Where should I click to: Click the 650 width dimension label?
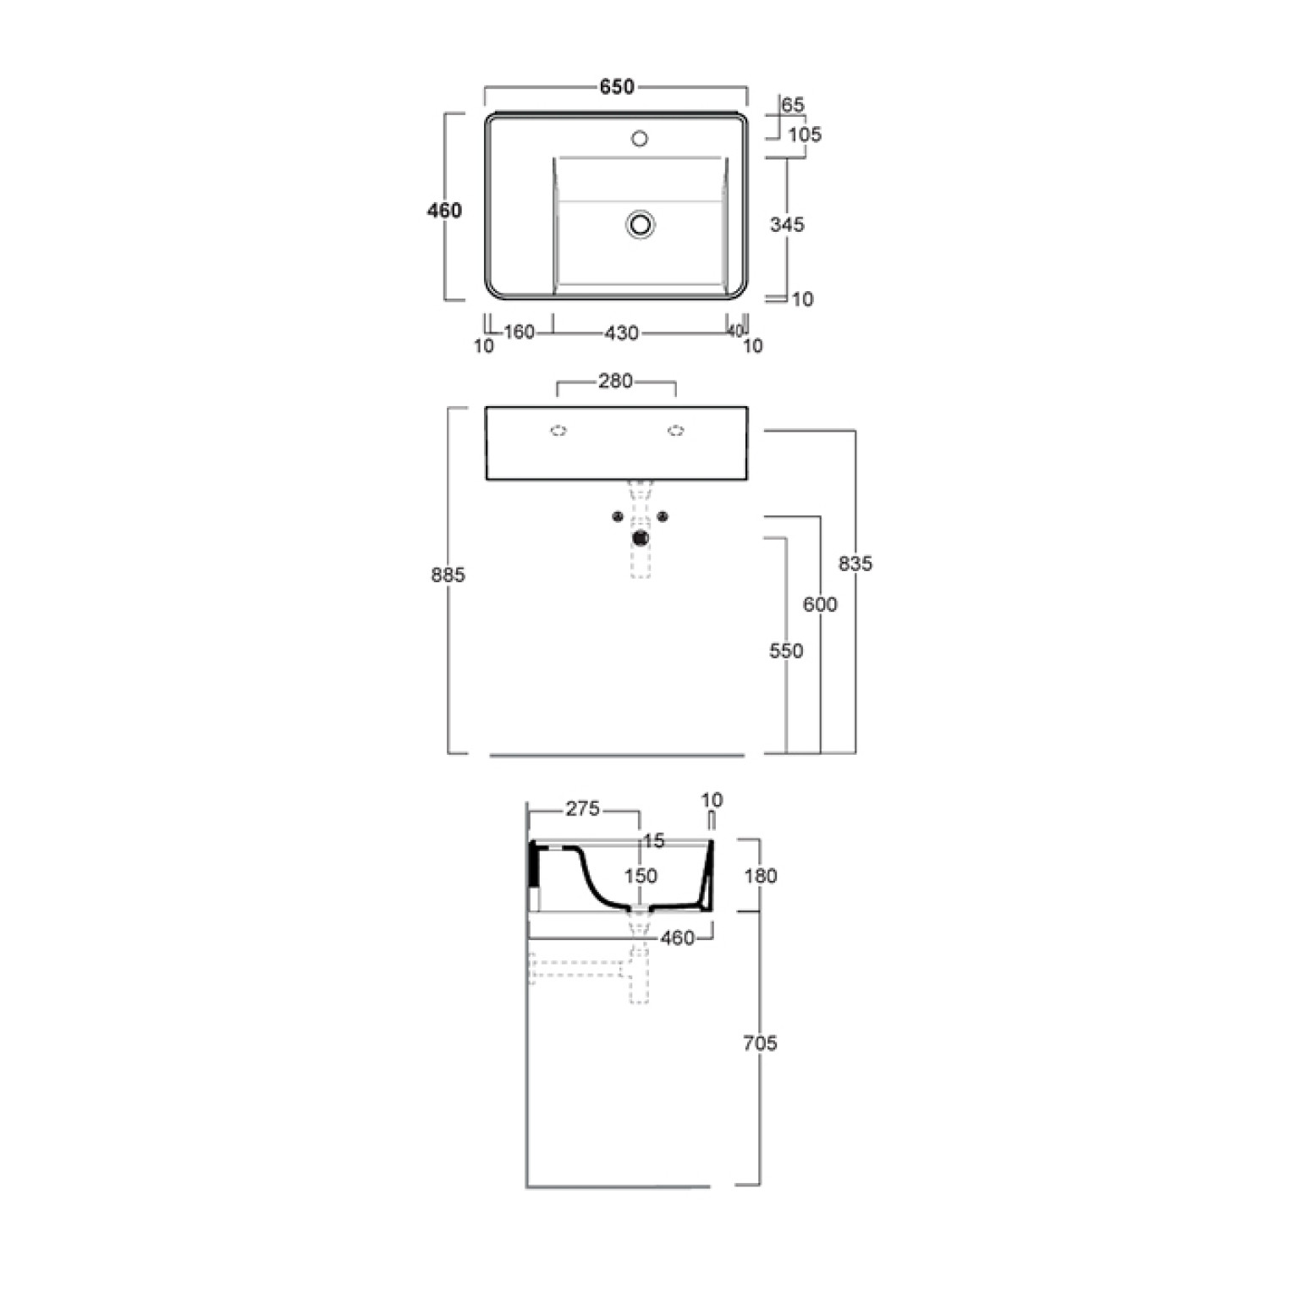617,86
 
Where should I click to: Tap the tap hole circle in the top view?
640,138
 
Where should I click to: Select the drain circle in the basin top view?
641,224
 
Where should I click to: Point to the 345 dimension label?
787,224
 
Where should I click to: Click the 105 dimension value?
805,135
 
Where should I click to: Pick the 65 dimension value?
793,105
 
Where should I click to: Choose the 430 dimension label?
621,333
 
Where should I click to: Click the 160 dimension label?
519,332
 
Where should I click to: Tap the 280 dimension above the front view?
615,381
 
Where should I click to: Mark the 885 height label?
448,575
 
